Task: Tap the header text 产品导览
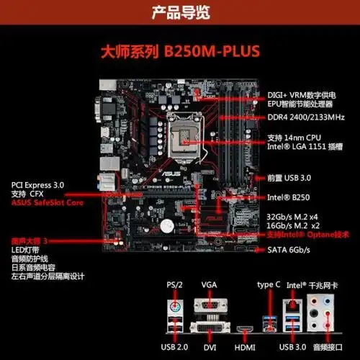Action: tap(179, 12)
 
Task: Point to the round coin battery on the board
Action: tap(168, 226)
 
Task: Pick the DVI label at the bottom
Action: tap(209, 347)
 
